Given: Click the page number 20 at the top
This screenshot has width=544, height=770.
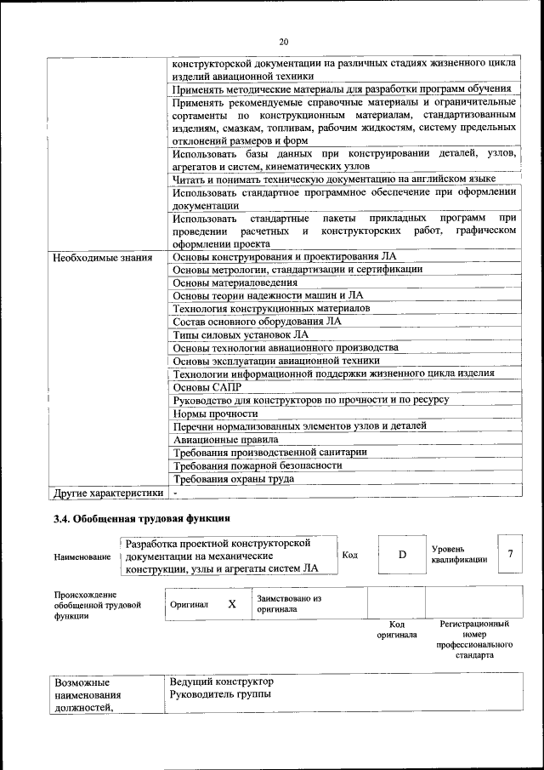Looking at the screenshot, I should click(283, 41).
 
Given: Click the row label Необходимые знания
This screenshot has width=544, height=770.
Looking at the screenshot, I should click(103, 256).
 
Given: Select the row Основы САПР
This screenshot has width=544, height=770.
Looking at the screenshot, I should click(201, 386).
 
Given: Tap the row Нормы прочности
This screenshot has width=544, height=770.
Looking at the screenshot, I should click(215, 413).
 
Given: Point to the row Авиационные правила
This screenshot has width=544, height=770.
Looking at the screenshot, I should click(225, 439).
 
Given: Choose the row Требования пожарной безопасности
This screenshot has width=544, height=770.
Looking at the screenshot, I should click(257, 465).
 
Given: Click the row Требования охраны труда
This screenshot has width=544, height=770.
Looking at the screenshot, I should click(233, 479).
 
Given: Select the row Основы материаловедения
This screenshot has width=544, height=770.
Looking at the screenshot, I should click(235, 282).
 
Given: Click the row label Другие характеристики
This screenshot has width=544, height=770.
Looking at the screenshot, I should click(108, 493).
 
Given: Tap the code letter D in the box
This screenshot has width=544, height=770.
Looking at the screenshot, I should click(402, 555).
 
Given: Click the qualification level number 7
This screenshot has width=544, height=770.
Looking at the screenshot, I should click(510, 554).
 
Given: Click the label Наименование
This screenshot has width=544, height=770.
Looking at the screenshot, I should click(82, 556).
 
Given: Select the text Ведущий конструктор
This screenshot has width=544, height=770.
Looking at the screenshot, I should click(221, 682).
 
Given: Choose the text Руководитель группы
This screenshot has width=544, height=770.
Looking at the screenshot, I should click(220, 696).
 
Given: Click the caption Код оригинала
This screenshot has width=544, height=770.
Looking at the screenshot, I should click(396, 629).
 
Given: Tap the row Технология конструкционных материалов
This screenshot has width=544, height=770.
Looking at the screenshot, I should click(271, 308).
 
